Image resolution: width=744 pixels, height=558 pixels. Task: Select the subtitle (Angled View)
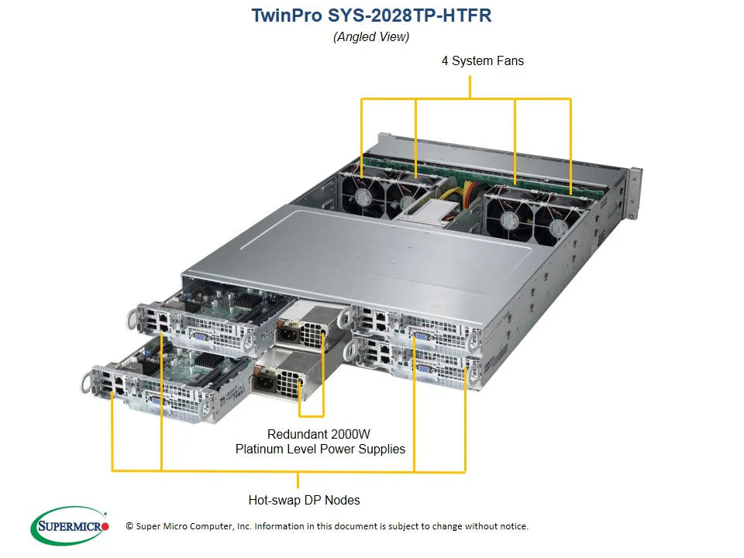pos(371,36)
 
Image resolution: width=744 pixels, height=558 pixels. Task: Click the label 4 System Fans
pos(482,60)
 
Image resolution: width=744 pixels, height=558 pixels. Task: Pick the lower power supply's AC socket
pos(263,382)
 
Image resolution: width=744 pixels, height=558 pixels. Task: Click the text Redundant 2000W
pos(319,434)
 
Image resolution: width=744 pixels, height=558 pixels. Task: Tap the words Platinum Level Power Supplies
pos(320,449)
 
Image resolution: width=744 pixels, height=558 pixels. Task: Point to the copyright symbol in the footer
pos(129,526)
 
